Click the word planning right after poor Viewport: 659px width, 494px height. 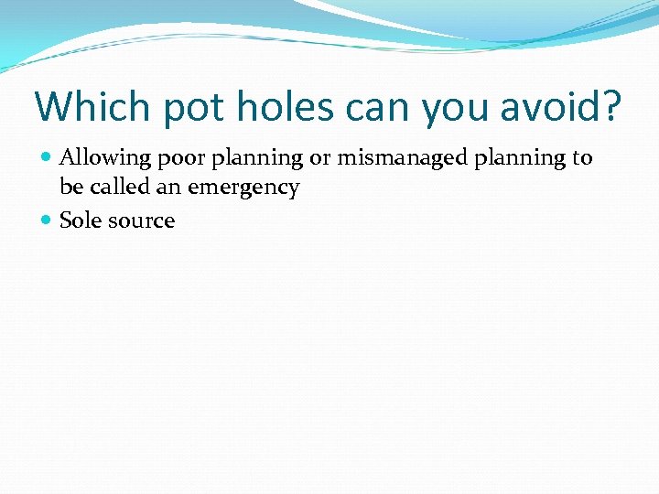click(258, 159)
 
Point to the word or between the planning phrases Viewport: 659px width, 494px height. click(319, 158)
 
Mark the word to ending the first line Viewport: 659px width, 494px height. click(583, 158)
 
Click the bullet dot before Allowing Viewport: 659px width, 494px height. click(47, 158)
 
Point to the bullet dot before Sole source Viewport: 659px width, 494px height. click(47, 220)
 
